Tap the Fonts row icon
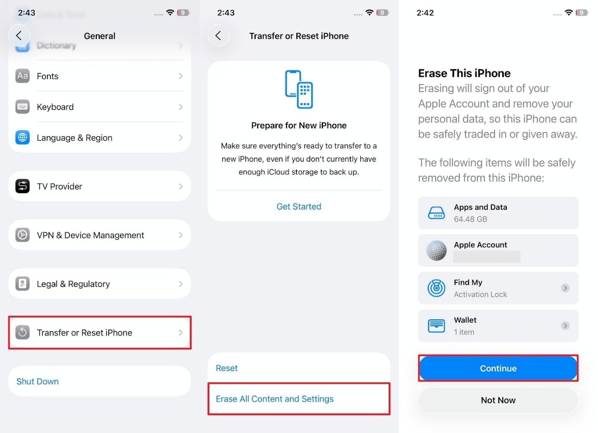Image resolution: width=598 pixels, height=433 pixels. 23,76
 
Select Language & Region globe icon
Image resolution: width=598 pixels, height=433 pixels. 23,138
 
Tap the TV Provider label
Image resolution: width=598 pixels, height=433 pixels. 59,186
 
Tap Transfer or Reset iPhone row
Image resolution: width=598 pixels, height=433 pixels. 99,333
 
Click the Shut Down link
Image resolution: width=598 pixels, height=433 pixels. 38,382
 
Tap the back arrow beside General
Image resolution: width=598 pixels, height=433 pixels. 19,36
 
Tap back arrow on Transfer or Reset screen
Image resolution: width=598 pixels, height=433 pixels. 218,36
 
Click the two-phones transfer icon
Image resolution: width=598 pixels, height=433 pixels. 299,89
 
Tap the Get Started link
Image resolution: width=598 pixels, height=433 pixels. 299,206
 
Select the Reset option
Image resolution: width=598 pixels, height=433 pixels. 226,368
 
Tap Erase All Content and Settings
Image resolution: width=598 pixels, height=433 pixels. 275,399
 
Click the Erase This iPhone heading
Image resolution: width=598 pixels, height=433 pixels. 464,74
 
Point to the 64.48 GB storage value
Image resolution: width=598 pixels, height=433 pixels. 471,219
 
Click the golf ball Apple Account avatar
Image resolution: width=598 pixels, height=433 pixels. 436,251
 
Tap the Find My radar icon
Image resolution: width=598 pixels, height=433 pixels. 436,288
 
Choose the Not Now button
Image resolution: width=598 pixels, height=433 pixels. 498,400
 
